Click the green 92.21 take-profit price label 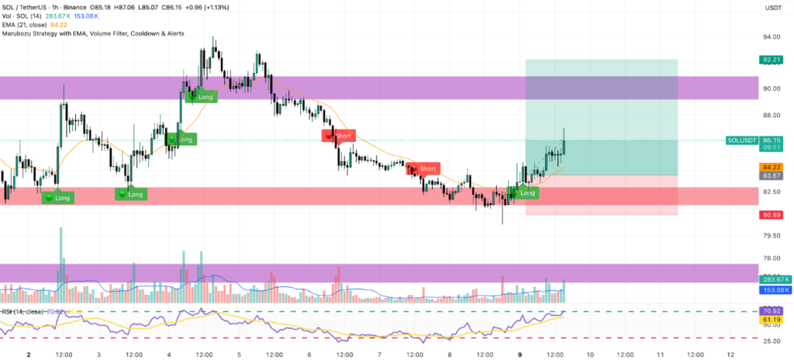tap(770, 59)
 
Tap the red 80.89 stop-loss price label tap(770, 215)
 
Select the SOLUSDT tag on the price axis tap(742, 140)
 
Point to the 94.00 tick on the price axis tap(770, 36)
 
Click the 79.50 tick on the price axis tap(770, 236)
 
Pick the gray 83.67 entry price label tap(770, 176)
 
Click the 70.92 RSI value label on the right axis tap(770, 311)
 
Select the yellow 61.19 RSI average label tap(770, 320)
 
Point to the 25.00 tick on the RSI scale tap(770, 341)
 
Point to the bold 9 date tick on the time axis tap(520, 353)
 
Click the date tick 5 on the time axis tap(240, 353)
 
